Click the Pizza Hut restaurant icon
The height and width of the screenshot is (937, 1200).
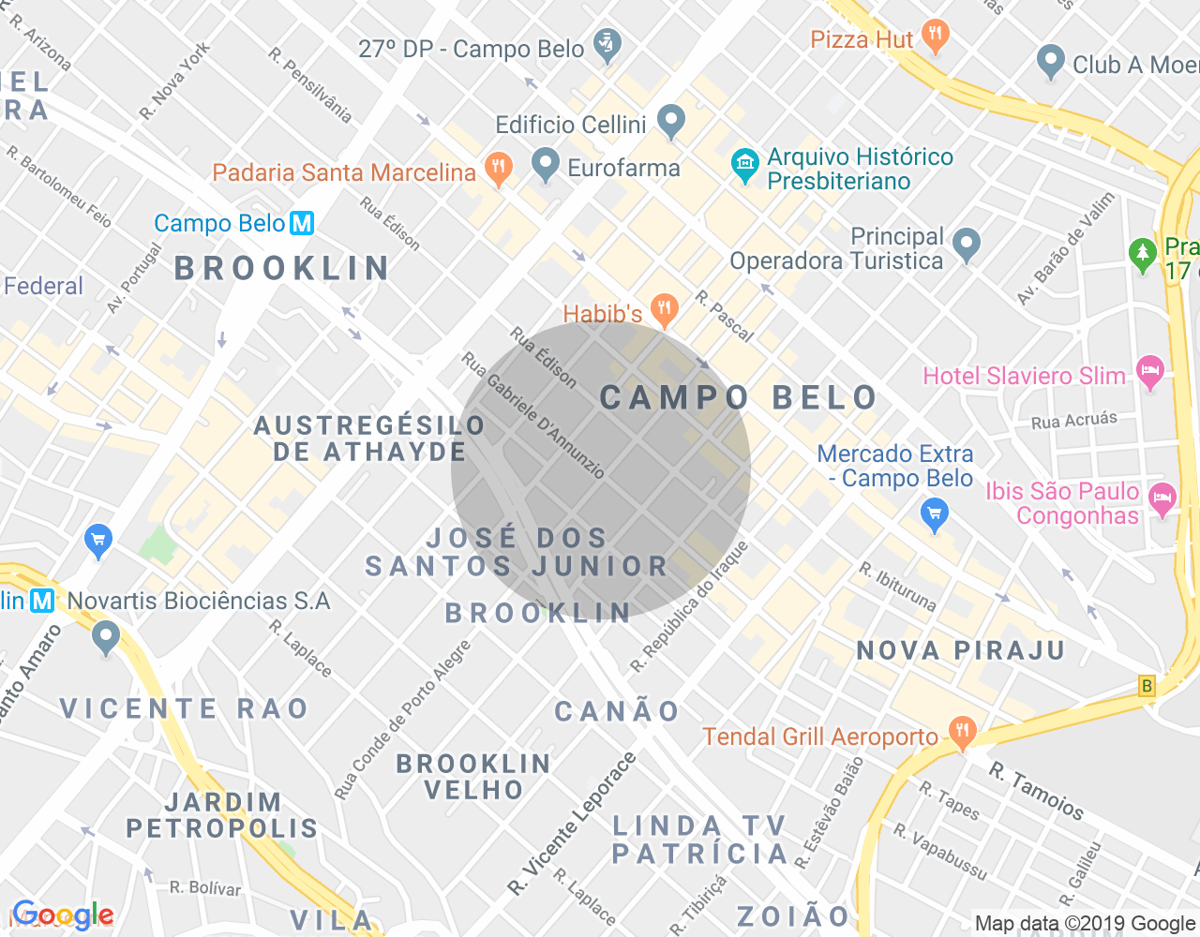tap(935, 37)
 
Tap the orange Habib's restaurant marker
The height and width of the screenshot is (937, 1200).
tap(665, 309)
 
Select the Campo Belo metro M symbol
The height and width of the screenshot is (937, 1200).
tap(302, 224)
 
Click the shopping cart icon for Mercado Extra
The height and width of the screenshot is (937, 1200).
tap(935, 514)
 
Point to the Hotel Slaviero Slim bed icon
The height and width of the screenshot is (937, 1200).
tap(1149, 373)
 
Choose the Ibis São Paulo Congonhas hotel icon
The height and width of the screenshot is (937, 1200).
tap(1162, 500)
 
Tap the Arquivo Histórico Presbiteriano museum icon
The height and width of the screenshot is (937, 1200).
tap(745, 166)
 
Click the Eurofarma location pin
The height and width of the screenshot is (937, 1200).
tap(545, 165)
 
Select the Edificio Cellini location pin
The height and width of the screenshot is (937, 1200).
tap(670, 121)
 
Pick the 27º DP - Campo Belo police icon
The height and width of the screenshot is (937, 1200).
tap(608, 45)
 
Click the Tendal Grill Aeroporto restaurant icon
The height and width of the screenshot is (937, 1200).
tap(962, 732)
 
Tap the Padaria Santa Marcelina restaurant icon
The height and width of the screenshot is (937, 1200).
tap(498, 169)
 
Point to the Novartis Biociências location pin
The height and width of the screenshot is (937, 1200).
tap(106, 637)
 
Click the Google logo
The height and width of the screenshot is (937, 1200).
tap(63, 915)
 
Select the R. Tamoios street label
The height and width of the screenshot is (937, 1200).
tap(1037, 791)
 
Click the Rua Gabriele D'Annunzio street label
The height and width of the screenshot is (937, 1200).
tap(532, 415)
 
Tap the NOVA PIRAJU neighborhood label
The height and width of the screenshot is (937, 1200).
tap(961, 650)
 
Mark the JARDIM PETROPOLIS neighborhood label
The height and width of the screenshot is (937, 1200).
tap(222, 815)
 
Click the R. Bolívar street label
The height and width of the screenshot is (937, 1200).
tap(205, 887)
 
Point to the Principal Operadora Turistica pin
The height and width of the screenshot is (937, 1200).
tap(966, 245)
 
